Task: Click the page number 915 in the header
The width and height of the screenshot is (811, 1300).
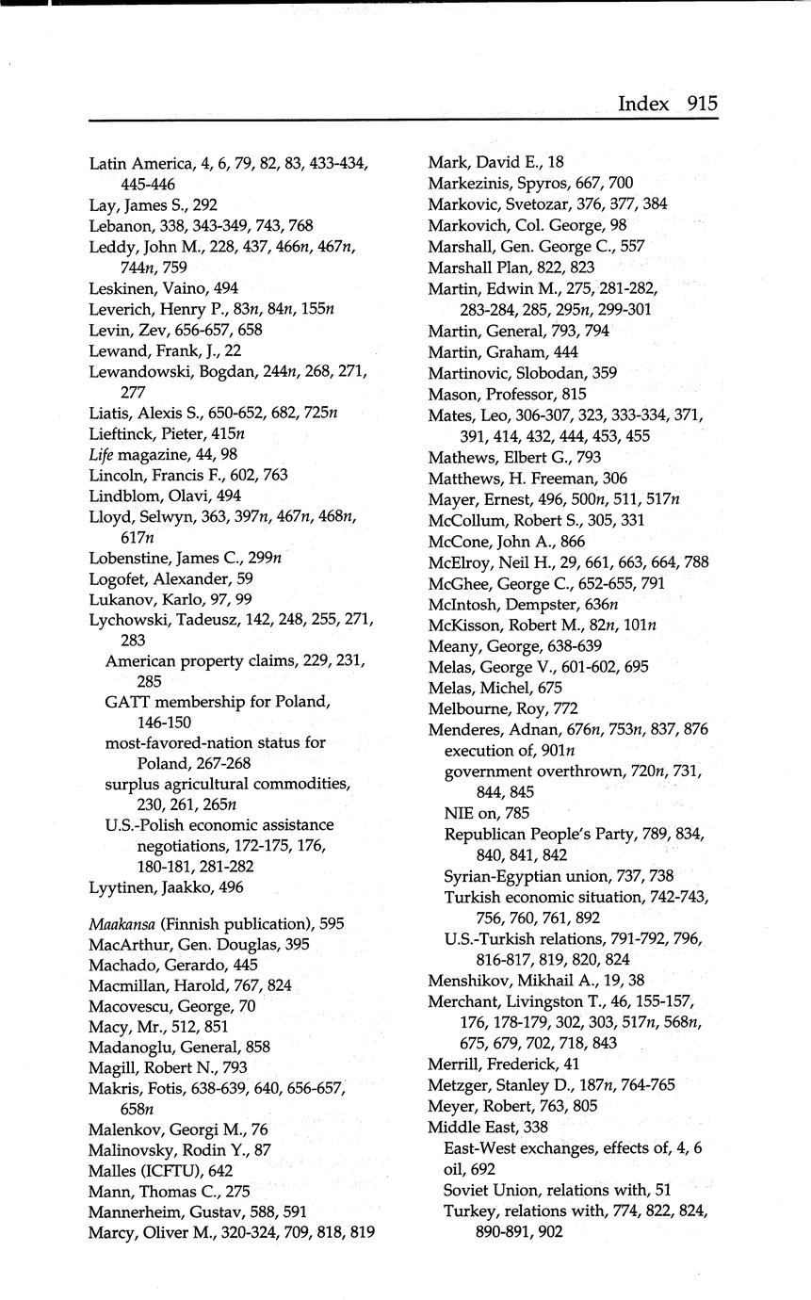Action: click(702, 104)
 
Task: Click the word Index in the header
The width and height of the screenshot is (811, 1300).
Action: click(643, 104)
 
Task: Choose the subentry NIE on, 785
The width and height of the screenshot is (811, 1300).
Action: click(486, 812)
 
